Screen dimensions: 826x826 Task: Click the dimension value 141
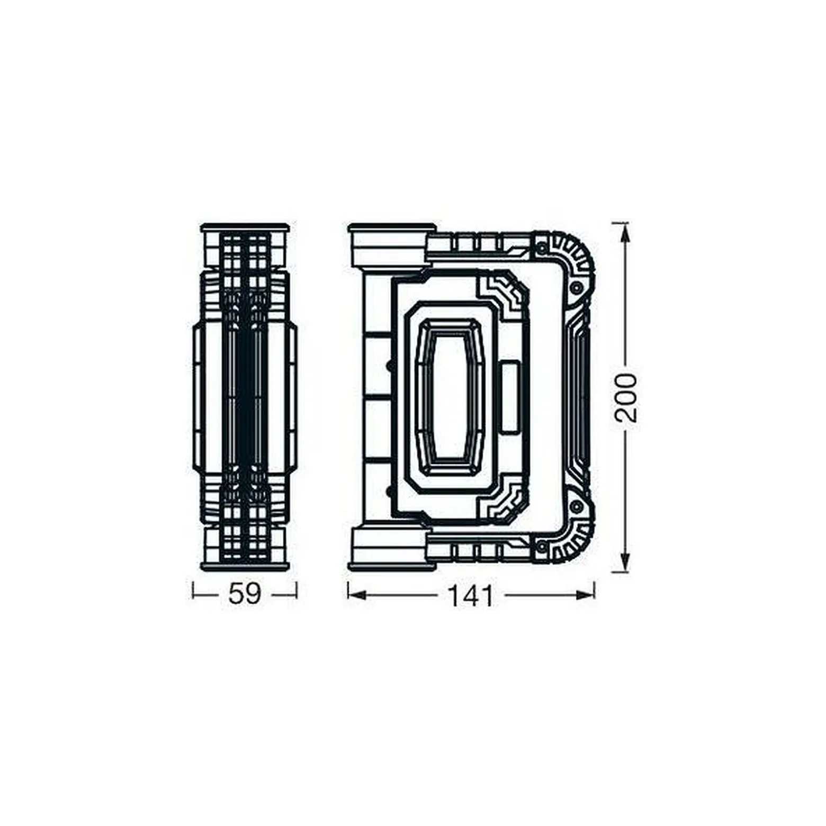471,596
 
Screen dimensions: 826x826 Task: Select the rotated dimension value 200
625,397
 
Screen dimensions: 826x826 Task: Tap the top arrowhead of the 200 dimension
625,233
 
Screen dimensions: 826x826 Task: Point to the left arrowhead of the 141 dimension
357,595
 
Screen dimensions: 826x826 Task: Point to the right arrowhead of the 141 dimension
584,595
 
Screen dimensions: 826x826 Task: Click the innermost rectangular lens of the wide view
449,397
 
